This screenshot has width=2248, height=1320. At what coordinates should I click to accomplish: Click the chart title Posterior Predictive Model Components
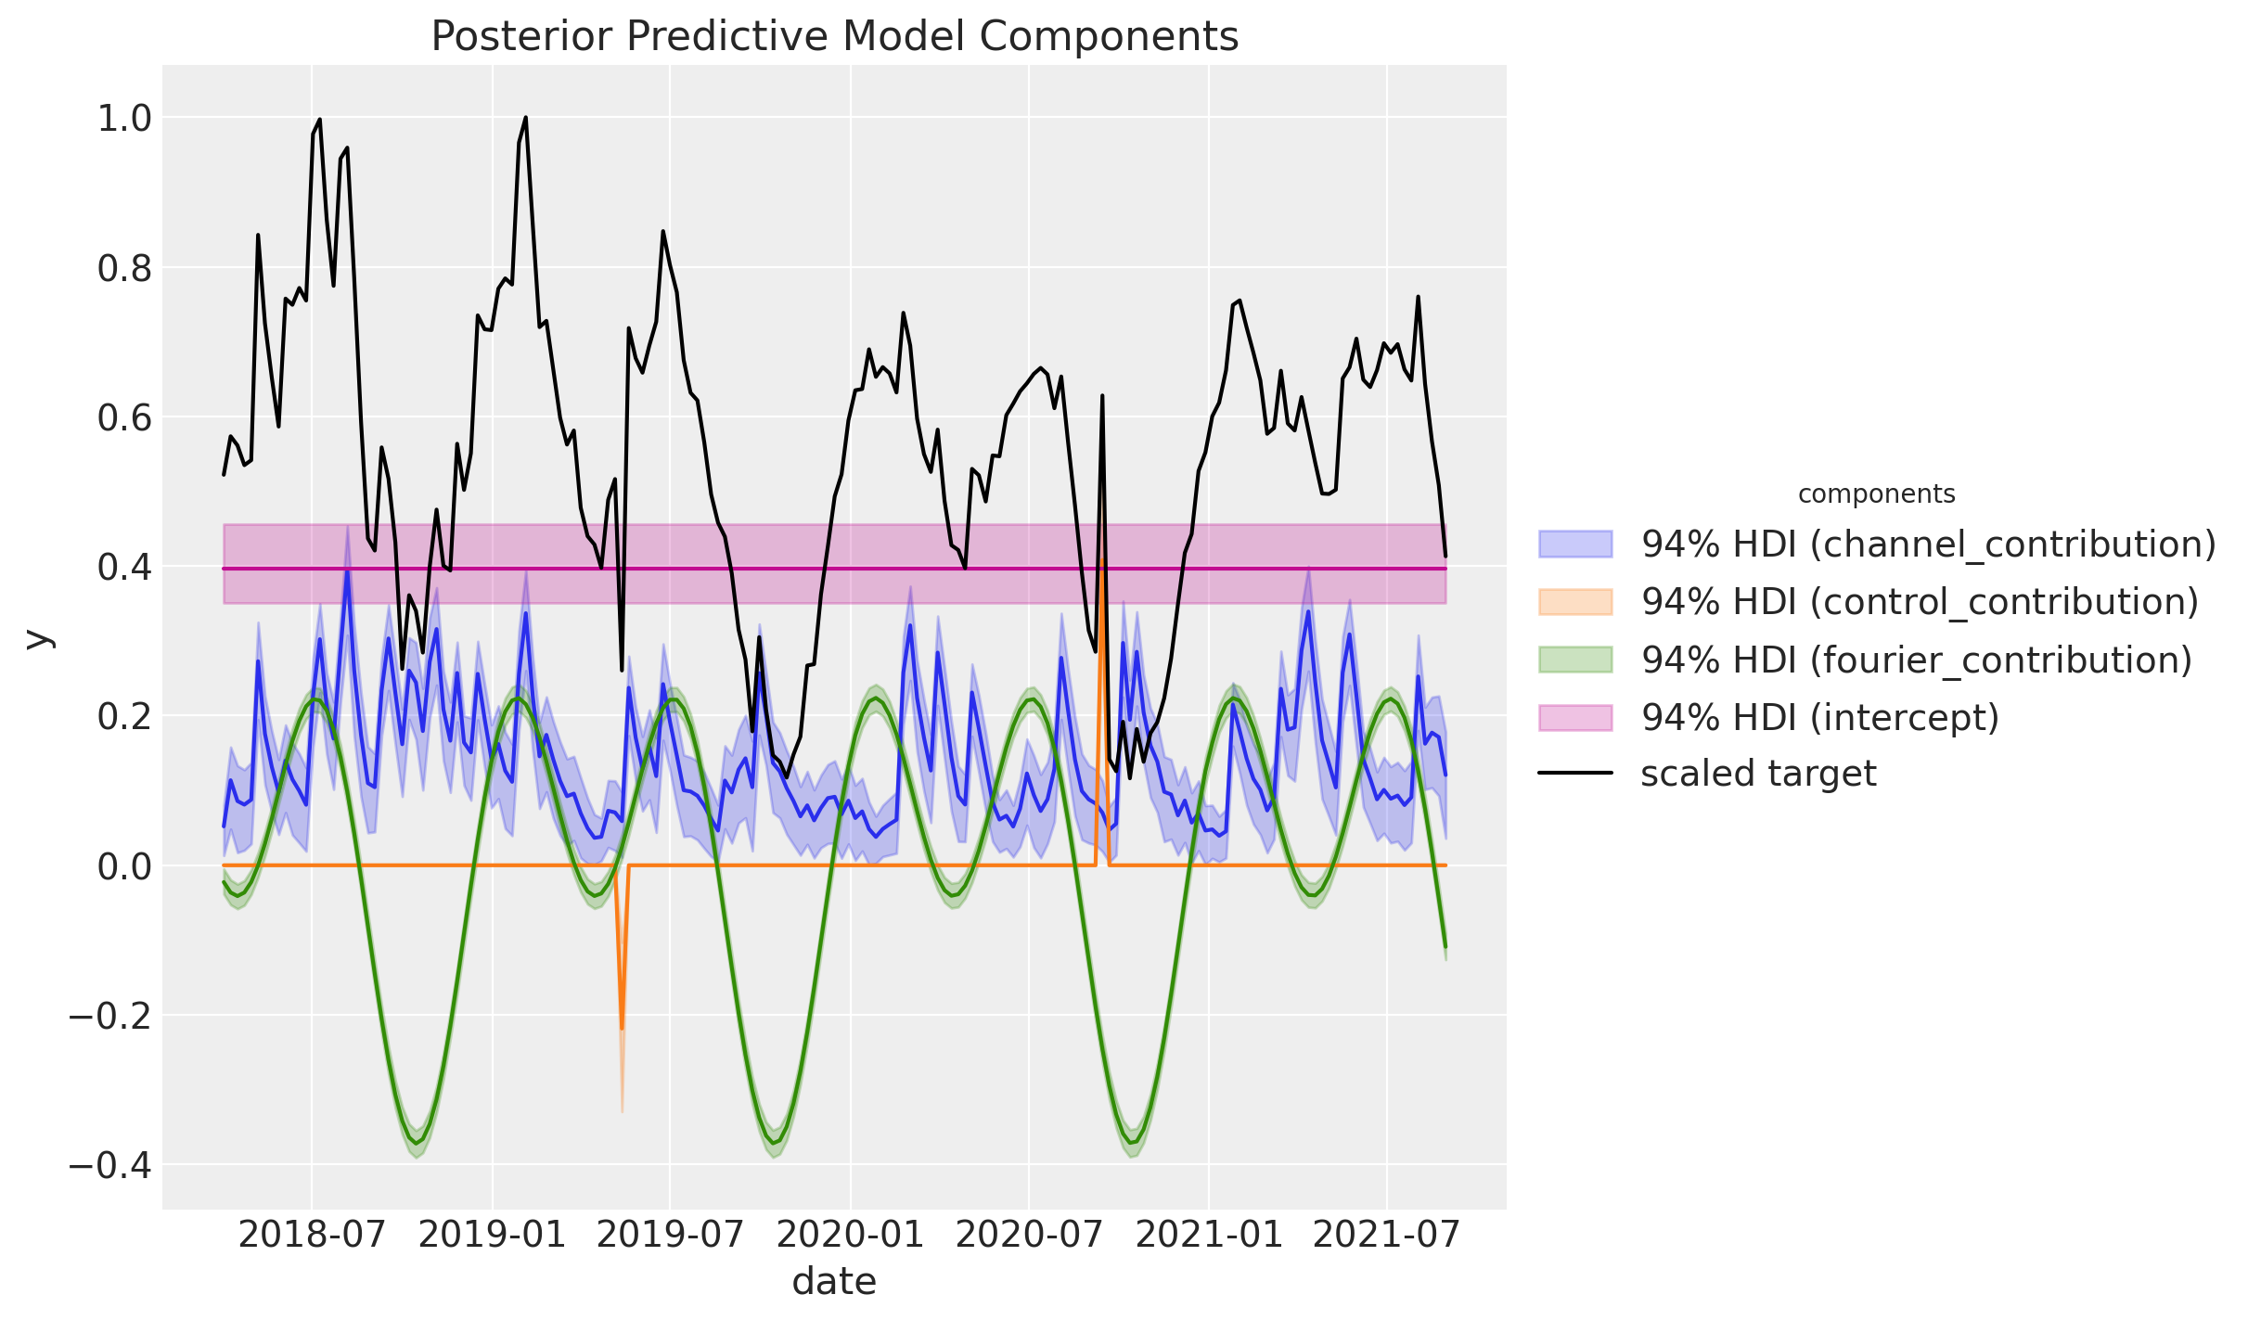point(834,37)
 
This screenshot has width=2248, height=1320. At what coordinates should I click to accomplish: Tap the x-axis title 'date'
point(834,1281)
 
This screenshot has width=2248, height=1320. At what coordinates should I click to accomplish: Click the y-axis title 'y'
point(38,638)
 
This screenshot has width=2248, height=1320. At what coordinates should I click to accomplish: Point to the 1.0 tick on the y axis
point(124,119)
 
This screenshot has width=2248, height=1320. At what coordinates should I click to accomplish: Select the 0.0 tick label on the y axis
point(124,866)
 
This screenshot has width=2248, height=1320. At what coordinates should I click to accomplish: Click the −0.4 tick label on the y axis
point(110,1165)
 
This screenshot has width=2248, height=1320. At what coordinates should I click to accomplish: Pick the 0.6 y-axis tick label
point(124,418)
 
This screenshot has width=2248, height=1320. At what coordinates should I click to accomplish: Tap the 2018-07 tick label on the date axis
point(312,1235)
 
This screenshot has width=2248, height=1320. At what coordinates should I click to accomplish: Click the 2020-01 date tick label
point(850,1235)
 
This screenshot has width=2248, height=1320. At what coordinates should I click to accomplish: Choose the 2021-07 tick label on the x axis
point(1387,1235)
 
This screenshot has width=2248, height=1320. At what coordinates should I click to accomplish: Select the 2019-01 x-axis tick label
point(493,1235)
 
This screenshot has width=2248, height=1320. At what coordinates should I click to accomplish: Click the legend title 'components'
point(1876,494)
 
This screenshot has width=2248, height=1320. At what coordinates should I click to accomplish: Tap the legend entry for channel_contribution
point(1928,545)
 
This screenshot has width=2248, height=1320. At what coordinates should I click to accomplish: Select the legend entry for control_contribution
point(1920,602)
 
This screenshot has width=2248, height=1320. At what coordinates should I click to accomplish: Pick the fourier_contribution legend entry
point(1916,660)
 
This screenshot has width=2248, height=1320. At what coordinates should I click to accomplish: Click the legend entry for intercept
point(1819,717)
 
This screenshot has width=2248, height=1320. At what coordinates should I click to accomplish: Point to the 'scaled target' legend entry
point(1758,774)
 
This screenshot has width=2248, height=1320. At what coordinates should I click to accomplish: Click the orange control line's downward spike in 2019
point(622,1028)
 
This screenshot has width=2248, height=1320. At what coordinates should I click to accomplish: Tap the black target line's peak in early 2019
point(526,118)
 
